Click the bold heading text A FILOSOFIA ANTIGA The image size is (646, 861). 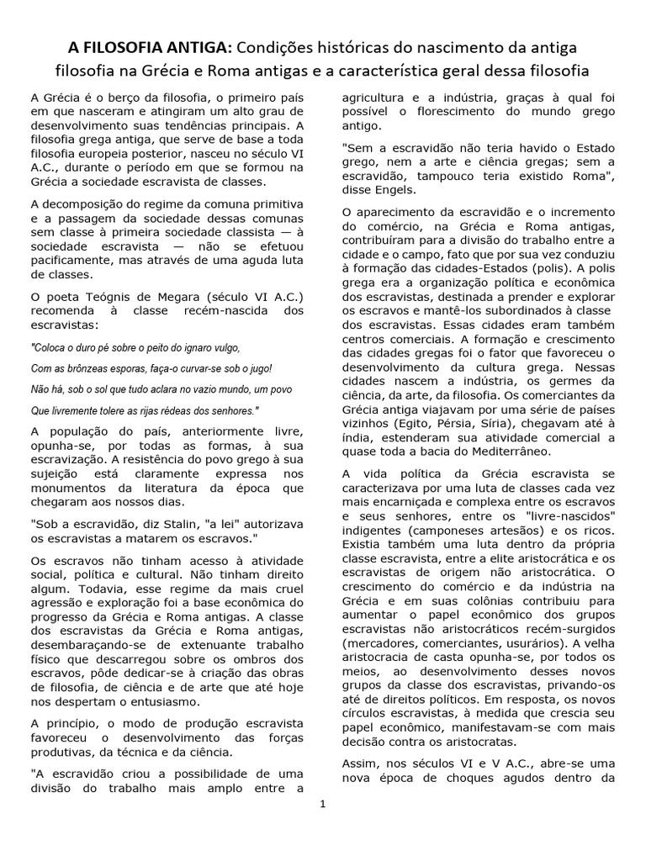(147, 45)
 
